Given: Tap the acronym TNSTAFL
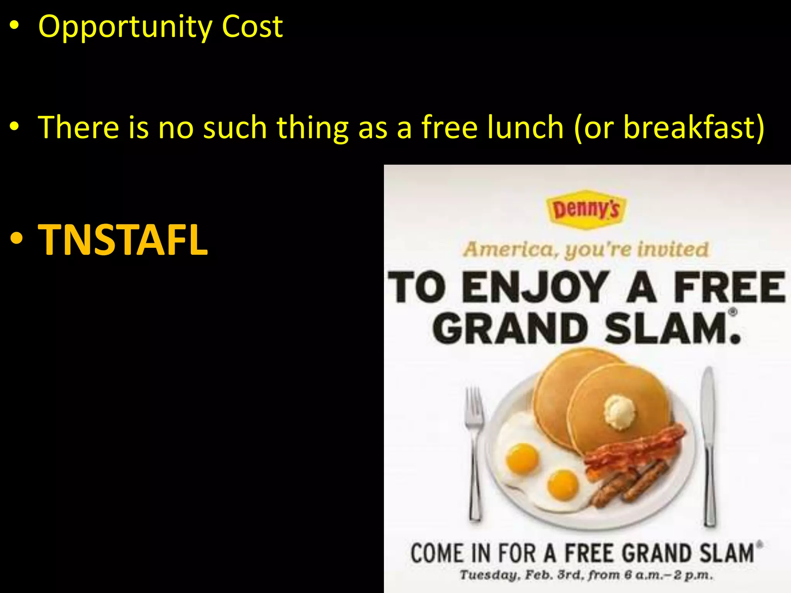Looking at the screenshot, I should click(x=123, y=240).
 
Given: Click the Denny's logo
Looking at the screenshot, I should click(x=586, y=210).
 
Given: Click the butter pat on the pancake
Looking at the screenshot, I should click(x=620, y=412).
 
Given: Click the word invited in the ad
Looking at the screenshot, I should click(x=673, y=249).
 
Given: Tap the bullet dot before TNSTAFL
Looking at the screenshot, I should click(x=16, y=240).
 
